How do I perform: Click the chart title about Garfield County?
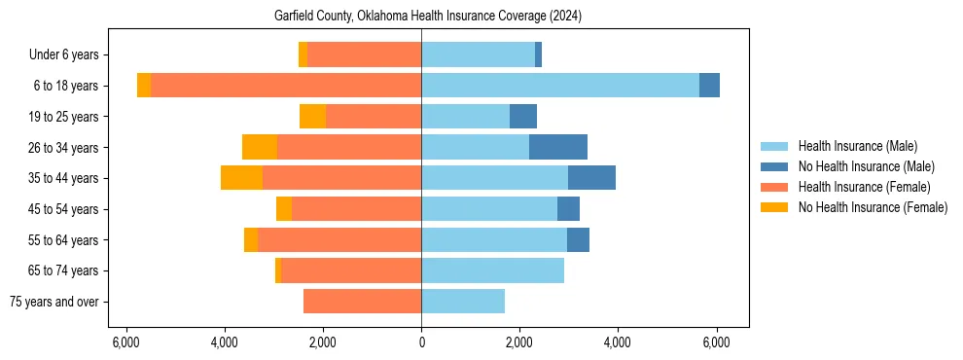421,16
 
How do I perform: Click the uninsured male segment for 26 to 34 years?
558,147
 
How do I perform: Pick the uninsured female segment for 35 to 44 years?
241,178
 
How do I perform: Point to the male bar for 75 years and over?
463,302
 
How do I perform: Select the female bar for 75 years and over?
362,302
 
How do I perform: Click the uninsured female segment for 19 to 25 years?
312,117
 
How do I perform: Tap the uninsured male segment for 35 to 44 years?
591,178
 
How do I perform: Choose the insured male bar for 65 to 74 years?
492,270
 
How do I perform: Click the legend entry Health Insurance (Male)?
857,146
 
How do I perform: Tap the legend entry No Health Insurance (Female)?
873,207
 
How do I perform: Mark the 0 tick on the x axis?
421,342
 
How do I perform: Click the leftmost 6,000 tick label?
125,342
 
